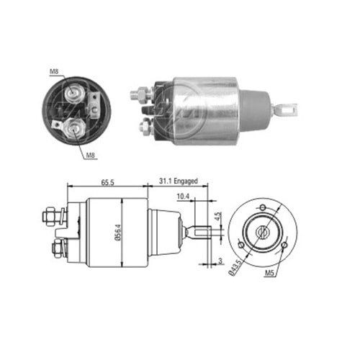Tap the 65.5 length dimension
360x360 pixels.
click(x=108, y=183)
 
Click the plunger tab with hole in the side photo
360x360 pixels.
click(x=289, y=109)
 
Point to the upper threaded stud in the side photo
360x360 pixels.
click(x=138, y=94)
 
